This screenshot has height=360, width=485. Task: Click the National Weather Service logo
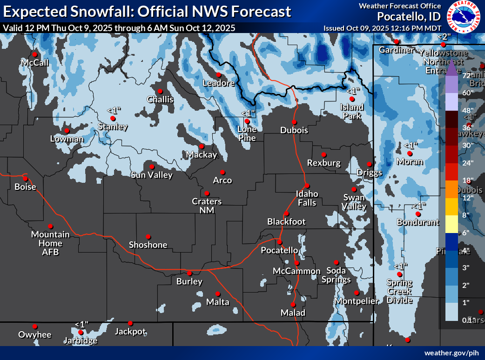click(x=463, y=17)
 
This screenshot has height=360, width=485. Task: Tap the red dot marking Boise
click(x=25, y=178)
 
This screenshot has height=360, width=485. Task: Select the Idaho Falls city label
click(x=307, y=198)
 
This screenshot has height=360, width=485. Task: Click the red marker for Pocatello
click(x=280, y=242)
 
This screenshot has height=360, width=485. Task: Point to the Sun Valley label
click(x=152, y=175)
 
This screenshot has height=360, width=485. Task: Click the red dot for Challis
click(x=160, y=91)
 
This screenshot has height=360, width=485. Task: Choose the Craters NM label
click(x=207, y=206)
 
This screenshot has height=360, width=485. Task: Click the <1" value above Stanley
click(x=114, y=110)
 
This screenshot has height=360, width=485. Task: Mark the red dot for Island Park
click(x=352, y=99)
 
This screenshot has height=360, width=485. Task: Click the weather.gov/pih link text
click(x=451, y=353)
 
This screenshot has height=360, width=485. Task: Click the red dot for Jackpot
click(x=130, y=323)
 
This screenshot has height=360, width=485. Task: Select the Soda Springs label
click(x=336, y=274)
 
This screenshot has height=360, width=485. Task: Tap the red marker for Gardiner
click(x=397, y=41)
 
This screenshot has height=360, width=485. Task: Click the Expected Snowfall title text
click(x=147, y=11)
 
